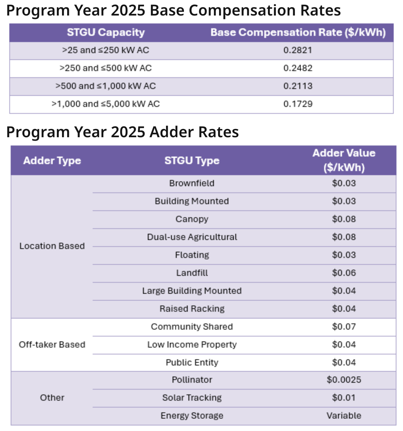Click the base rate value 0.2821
click(x=298, y=50)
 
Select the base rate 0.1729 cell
click(x=298, y=104)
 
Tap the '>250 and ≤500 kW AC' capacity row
click(x=105, y=68)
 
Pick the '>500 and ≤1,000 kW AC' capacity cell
click(x=105, y=86)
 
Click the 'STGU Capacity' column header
click(x=105, y=32)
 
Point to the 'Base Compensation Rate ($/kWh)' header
click(x=298, y=32)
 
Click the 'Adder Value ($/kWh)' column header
click(x=343, y=160)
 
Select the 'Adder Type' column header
click(x=52, y=161)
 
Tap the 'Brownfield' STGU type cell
click(x=192, y=183)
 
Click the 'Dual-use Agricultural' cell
click(x=192, y=237)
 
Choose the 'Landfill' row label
click(x=192, y=273)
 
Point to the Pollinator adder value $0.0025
click(x=343, y=380)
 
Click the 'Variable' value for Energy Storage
click(x=343, y=416)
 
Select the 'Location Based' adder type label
click(x=52, y=246)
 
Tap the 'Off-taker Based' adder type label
click(x=52, y=345)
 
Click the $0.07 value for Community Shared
click(x=343, y=327)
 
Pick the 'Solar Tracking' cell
click(x=192, y=398)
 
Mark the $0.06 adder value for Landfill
click(x=343, y=273)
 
